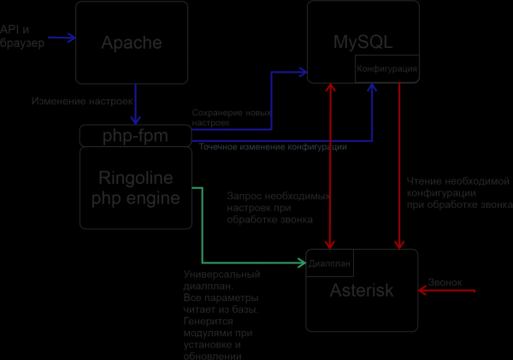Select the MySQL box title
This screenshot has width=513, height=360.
click(363, 42)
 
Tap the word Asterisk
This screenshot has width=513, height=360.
click(362, 291)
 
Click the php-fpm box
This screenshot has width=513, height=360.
click(135, 136)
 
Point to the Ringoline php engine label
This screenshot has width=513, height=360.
click(136, 188)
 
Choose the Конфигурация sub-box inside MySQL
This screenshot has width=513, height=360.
click(386, 68)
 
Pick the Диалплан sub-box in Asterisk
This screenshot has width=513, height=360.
click(329, 263)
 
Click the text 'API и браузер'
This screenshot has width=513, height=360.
click(21, 37)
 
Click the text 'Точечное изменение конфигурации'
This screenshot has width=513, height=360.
click(273, 147)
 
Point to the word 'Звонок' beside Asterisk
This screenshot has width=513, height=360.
click(444, 282)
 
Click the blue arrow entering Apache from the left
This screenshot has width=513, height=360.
click(60, 38)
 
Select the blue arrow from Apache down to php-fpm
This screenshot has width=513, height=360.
click(135, 103)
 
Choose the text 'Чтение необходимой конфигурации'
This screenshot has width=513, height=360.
click(458, 192)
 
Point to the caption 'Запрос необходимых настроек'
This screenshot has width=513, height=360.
click(278, 208)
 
